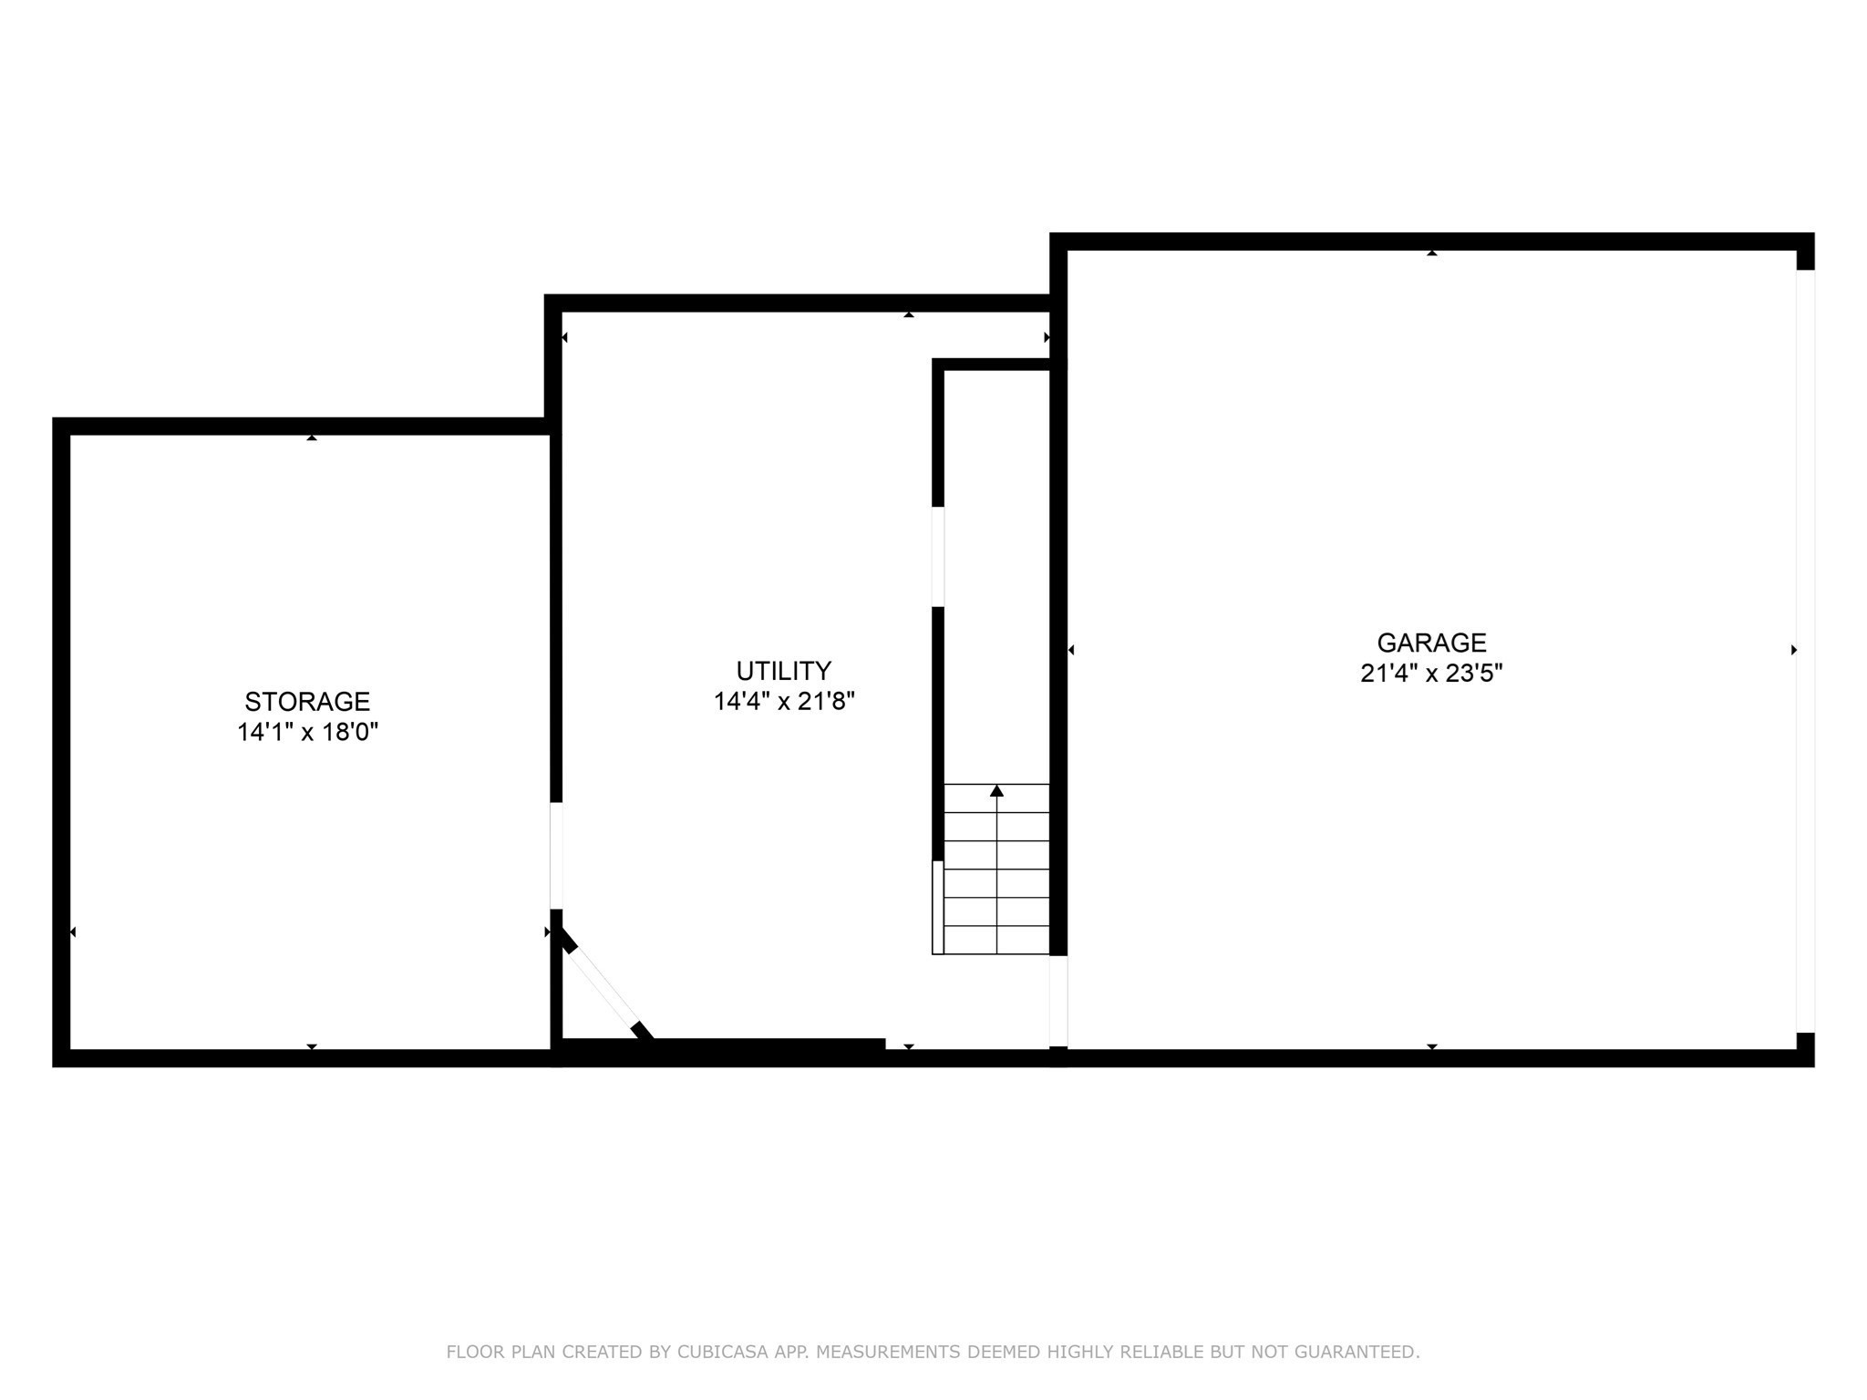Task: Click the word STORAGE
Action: (x=307, y=702)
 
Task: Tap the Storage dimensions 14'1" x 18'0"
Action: (x=307, y=732)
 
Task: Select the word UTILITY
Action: (x=783, y=672)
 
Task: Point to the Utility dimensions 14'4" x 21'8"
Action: (x=783, y=702)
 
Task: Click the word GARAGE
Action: (x=1430, y=643)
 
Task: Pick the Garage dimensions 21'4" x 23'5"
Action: (x=1430, y=674)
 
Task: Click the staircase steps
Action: (x=996, y=870)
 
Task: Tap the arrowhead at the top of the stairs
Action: (x=996, y=791)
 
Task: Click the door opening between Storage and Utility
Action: (x=556, y=855)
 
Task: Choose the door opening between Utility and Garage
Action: (x=1057, y=1000)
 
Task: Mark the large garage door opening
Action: (x=1805, y=651)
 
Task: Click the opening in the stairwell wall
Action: (x=937, y=556)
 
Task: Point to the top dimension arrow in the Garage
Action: (x=1431, y=252)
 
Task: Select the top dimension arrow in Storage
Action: (x=312, y=437)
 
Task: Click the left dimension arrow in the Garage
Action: (x=1071, y=650)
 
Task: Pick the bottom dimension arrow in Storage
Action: (x=312, y=1046)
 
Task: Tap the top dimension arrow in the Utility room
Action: (x=908, y=314)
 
